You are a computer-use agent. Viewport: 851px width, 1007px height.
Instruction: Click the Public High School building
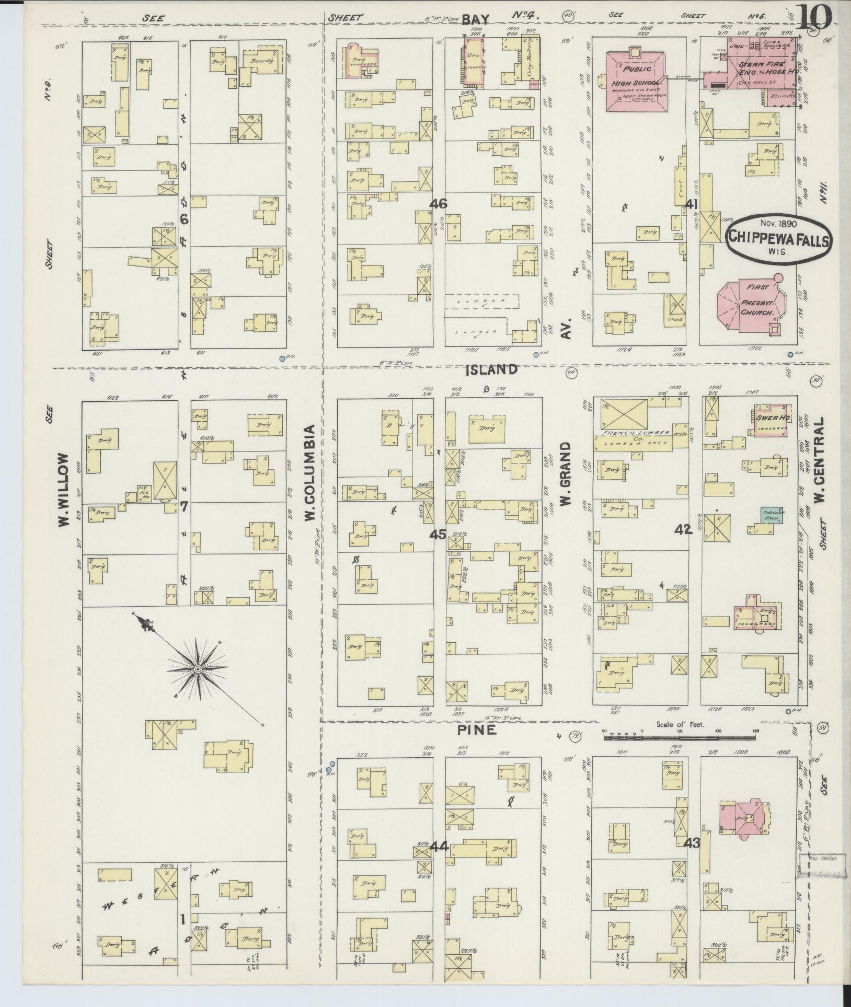point(636,79)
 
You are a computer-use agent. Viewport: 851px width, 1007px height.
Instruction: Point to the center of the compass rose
point(199,669)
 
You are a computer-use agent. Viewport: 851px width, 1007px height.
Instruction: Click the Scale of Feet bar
point(680,738)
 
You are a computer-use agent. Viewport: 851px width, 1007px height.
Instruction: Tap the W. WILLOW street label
point(63,489)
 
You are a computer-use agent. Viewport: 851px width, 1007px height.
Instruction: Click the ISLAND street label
point(491,370)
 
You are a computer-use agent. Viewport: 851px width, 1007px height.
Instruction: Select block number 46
point(438,203)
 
